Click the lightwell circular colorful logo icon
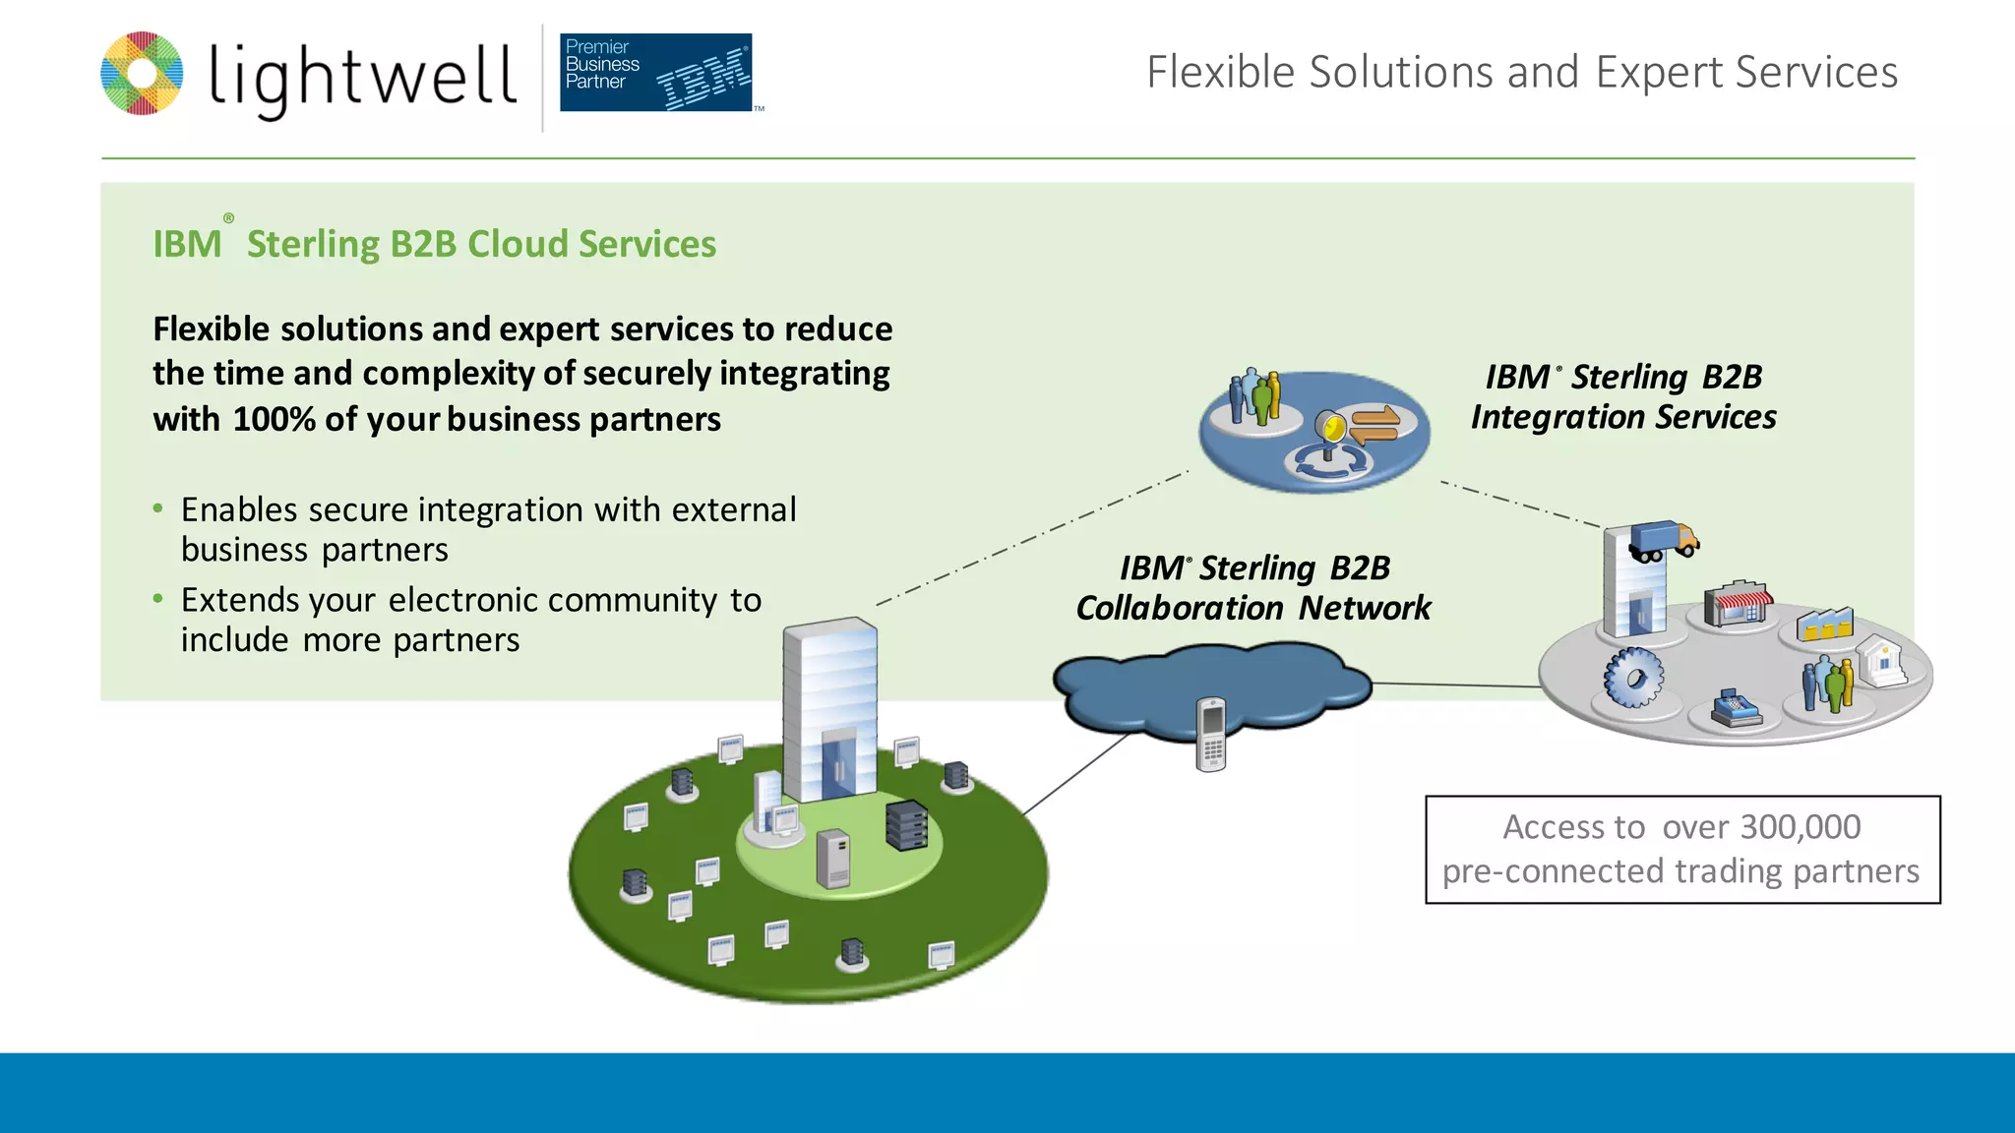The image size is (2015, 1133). point(142,74)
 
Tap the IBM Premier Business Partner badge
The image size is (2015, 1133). point(656,72)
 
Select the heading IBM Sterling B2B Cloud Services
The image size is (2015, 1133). point(434,244)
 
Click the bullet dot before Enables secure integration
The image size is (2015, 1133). point(158,508)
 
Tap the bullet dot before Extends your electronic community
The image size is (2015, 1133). point(158,598)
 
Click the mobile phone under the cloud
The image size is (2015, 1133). point(1212,734)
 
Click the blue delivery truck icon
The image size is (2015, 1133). point(1664,540)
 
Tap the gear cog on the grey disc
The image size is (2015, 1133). point(1633,678)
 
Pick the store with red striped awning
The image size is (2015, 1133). point(1738,603)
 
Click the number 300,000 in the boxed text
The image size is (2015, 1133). point(1800,827)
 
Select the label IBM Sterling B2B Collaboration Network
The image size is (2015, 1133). point(1253,588)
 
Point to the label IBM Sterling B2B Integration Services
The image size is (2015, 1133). point(1623,397)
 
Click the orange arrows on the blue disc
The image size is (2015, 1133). point(1374,424)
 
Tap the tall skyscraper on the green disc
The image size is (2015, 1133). point(830,708)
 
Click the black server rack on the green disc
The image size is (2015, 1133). point(906,824)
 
